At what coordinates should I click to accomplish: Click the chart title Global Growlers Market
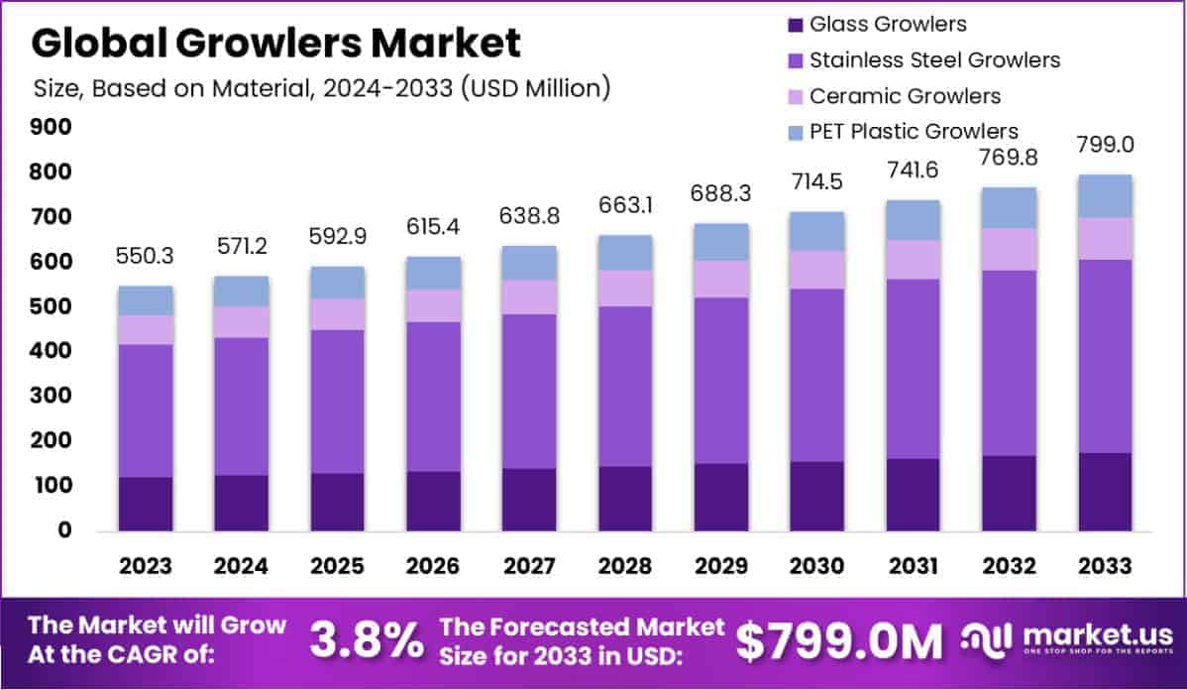pyautogui.click(x=276, y=43)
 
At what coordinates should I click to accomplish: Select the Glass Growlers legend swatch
pyautogui.click(x=795, y=24)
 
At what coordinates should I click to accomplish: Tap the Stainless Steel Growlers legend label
pyautogui.click(x=934, y=59)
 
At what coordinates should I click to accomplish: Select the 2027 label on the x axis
pyautogui.click(x=529, y=566)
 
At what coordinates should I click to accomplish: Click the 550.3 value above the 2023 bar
pyautogui.click(x=146, y=255)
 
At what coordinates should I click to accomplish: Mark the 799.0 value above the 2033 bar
pyautogui.click(x=1106, y=145)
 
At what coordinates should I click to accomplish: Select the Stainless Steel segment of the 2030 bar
pyautogui.click(x=818, y=375)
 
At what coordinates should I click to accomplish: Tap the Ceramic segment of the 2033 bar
pyautogui.click(x=1106, y=238)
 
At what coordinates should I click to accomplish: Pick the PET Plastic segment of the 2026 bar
pyautogui.click(x=434, y=273)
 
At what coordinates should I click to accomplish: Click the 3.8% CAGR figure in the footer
pyautogui.click(x=366, y=640)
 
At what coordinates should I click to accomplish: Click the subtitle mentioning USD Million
pyautogui.click(x=321, y=87)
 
